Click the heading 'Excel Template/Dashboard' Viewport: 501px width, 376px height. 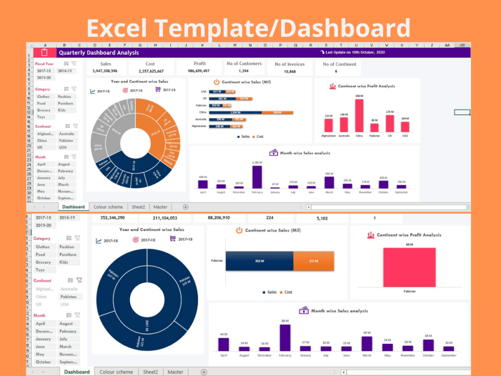pyautogui.click(x=249, y=29)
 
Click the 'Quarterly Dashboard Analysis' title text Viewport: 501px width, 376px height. pyautogui.click(x=99, y=53)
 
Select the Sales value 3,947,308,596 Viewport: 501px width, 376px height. pyautogui.click(x=105, y=71)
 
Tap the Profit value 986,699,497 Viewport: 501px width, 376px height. pyautogui.click(x=199, y=71)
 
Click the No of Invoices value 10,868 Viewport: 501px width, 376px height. pyautogui.click(x=290, y=72)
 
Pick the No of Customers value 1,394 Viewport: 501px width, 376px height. pyautogui.click(x=244, y=71)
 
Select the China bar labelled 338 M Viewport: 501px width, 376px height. pyautogui.click(x=359, y=116)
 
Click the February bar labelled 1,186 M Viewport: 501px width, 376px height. pyautogui.click(x=257, y=176)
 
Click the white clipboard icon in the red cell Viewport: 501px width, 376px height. pyautogui.click(x=44, y=53)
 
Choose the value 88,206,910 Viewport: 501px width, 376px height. pyautogui.click(x=212, y=218)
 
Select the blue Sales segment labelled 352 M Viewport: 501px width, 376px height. pyautogui.click(x=259, y=261)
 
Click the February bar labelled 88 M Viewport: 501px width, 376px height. pyautogui.click(x=285, y=337)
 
